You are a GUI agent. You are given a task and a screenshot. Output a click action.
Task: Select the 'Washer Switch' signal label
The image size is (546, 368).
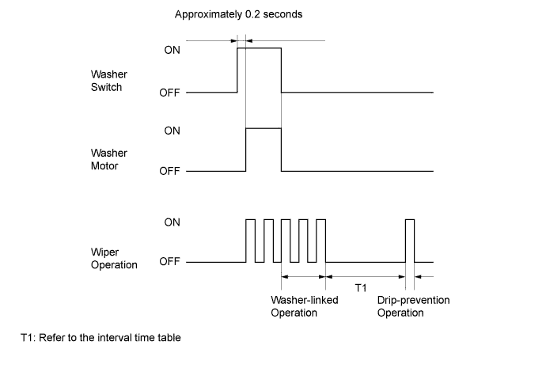point(107,81)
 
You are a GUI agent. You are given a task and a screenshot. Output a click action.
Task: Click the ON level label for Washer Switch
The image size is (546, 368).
point(172,49)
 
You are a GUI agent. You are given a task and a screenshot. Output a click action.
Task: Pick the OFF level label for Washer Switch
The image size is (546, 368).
point(169,93)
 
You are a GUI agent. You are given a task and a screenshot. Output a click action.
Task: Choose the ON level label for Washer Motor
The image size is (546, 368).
point(172,129)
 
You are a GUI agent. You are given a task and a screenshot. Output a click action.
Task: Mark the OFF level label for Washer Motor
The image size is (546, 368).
point(169,172)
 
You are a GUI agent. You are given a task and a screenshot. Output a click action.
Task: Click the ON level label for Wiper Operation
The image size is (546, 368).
point(172,223)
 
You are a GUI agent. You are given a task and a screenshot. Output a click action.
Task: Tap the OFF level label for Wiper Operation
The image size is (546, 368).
point(169,262)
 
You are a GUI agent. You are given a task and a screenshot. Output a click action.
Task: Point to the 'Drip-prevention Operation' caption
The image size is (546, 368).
point(411,306)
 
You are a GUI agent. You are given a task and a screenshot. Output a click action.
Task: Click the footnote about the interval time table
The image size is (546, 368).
point(101,338)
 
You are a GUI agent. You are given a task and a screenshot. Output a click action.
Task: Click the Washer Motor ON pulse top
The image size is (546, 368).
point(264,128)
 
